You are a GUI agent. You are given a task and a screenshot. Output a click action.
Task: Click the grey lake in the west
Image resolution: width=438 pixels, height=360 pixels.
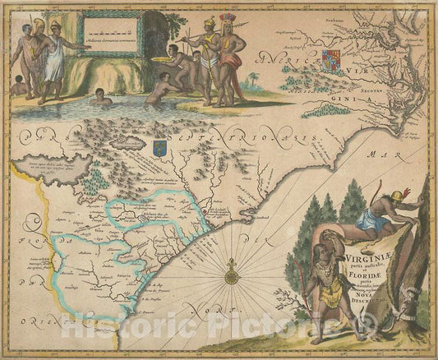coord(61,166)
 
